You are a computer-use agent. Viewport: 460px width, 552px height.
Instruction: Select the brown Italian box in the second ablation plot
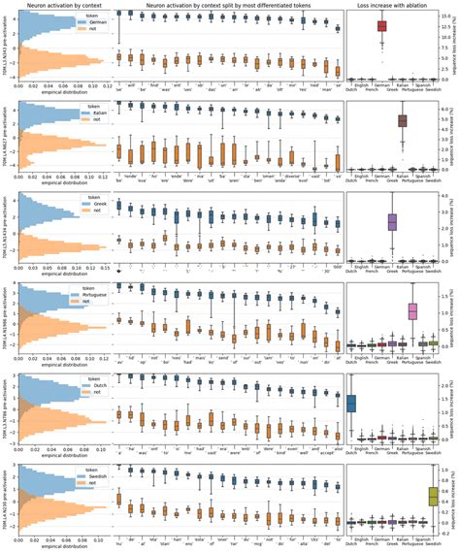pos(402,120)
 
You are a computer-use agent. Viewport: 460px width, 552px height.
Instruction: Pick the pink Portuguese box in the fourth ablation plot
pos(412,310)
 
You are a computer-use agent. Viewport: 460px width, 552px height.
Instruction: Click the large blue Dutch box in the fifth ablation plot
pos(351,403)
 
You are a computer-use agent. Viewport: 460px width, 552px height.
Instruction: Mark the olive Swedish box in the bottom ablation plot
pos(433,496)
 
